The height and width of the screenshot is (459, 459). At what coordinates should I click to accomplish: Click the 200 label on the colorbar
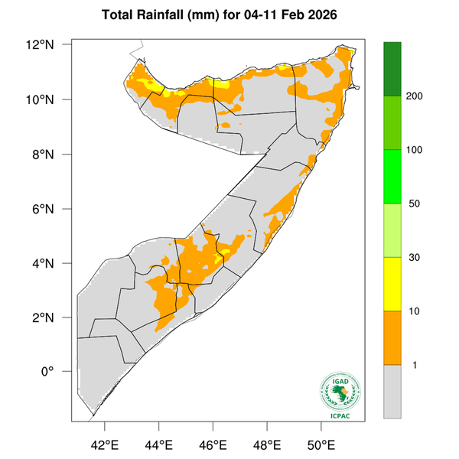(415, 96)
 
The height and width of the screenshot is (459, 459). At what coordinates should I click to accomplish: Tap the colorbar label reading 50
(413, 203)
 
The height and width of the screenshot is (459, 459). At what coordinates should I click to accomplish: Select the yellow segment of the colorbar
(392, 284)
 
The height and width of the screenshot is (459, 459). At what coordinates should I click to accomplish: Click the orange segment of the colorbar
(392, 337)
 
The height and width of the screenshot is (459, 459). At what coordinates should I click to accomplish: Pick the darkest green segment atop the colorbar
(392, 69)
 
